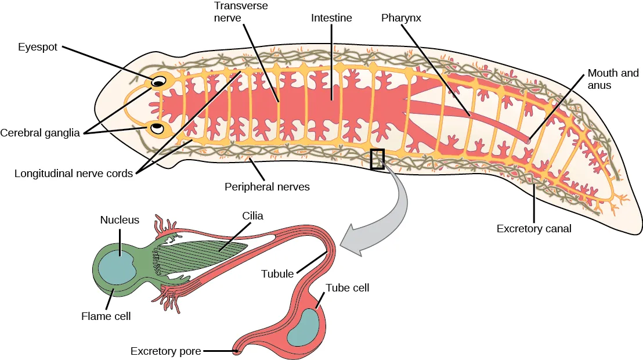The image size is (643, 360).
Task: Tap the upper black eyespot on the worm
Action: click(157, 83)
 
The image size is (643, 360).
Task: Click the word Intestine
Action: click(331, 18)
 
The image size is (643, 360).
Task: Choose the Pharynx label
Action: click(401, 18)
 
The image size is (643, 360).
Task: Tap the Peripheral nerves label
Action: click(267, 187)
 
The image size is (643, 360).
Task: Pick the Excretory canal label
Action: click(534, 229)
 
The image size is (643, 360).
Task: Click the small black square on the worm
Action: click(377, 159)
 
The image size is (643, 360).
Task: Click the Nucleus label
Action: click(120, 220)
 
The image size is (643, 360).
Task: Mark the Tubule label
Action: click(277, 273)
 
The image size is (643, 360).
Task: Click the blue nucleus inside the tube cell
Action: click(304, 329)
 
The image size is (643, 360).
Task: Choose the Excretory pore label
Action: click(165, 351)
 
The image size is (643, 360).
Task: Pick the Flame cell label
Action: click(106, 316)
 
